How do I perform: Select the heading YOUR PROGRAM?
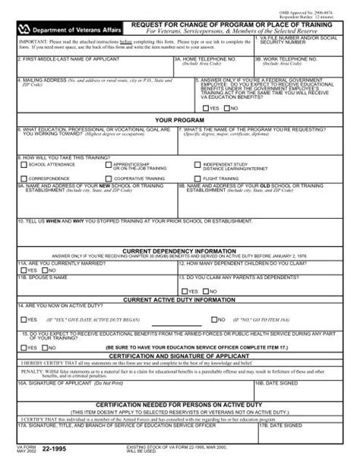click(180, 119)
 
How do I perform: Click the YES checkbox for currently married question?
click(24, 270)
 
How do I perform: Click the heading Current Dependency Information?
click(180, 249)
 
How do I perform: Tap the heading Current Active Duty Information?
click(180, 300)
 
